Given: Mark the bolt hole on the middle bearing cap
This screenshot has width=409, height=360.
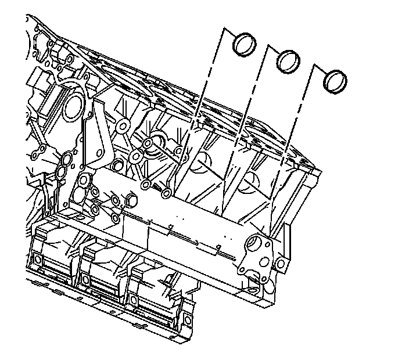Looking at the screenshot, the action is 87,279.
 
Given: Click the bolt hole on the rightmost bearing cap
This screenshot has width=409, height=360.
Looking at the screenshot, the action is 134,300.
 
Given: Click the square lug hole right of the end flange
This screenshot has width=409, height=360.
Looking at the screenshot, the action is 281,265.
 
